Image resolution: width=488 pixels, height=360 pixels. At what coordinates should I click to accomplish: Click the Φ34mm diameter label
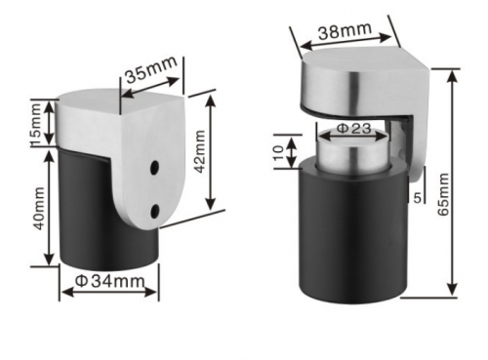110,283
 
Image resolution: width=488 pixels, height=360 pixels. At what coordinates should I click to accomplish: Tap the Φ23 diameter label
354,128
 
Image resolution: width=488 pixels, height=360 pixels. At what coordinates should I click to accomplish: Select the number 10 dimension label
279,152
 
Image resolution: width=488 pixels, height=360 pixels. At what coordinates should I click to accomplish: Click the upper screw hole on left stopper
154,170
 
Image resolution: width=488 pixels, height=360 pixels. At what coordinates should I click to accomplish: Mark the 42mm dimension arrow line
210,152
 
